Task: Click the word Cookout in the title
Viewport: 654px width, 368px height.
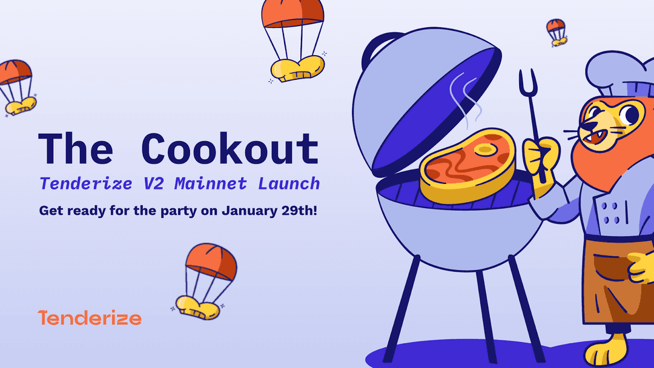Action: [230, 148]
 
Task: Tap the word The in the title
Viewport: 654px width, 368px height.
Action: [76, 148]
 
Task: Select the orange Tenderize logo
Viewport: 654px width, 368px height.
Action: [89, 318]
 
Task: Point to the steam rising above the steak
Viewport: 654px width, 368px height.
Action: [465, 97]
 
